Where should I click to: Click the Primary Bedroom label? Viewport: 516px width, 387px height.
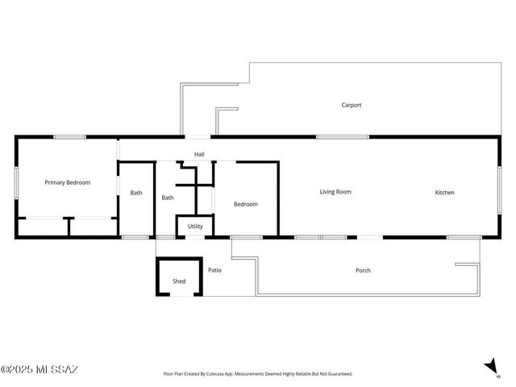click(x=67, y=183)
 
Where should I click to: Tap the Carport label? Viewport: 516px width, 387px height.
click(x=351, y=105)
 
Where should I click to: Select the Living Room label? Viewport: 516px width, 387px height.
click(x=335, y=192)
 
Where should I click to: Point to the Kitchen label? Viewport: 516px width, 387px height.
click(x=444, y=193)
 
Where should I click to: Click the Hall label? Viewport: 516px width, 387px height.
click(x=199, y=154)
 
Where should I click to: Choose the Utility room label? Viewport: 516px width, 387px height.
click(x=195, y=227)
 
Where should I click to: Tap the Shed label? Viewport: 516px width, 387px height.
click(x=179, y=281)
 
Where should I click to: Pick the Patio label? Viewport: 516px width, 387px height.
click(x=214, y=270)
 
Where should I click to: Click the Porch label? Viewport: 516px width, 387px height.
click(x=363, y=270)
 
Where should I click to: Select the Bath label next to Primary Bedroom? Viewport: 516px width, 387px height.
click(x=136, y=193)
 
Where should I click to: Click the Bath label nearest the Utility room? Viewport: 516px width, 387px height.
click(x=168, y=198)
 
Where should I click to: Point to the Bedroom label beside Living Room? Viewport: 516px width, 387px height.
click(x=245, y=204)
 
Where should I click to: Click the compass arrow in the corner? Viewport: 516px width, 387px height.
click(x=491, y=367)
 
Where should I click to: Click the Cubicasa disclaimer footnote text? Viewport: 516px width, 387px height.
click(x=258, y=374)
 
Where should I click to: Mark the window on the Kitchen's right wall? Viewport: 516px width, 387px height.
click(x=499, y=191)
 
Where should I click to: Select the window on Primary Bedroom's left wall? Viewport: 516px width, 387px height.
click(x=16, y=188)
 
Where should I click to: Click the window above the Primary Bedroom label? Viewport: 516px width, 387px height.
click(x=70, y=137)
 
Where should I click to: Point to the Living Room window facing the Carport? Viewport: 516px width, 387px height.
click(x=343, y=137)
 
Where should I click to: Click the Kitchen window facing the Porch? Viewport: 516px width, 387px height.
click(x=459, y=237)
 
